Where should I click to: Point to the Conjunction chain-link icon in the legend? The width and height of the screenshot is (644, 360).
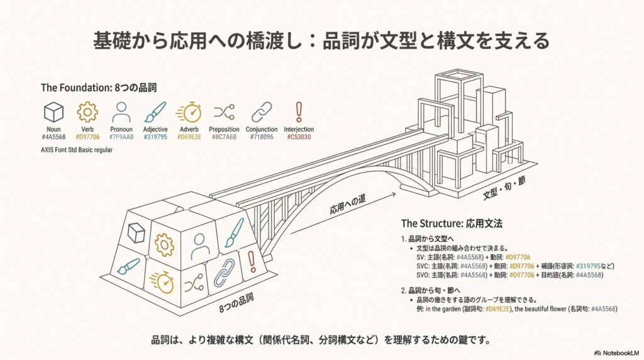click(x=261, y=113)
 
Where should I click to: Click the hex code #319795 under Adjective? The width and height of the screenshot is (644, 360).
click(x=155, y=137)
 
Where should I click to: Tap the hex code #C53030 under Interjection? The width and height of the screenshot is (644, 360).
click(x=299, y=137)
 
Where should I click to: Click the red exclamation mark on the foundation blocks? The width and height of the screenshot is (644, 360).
click(x=251, y=260)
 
